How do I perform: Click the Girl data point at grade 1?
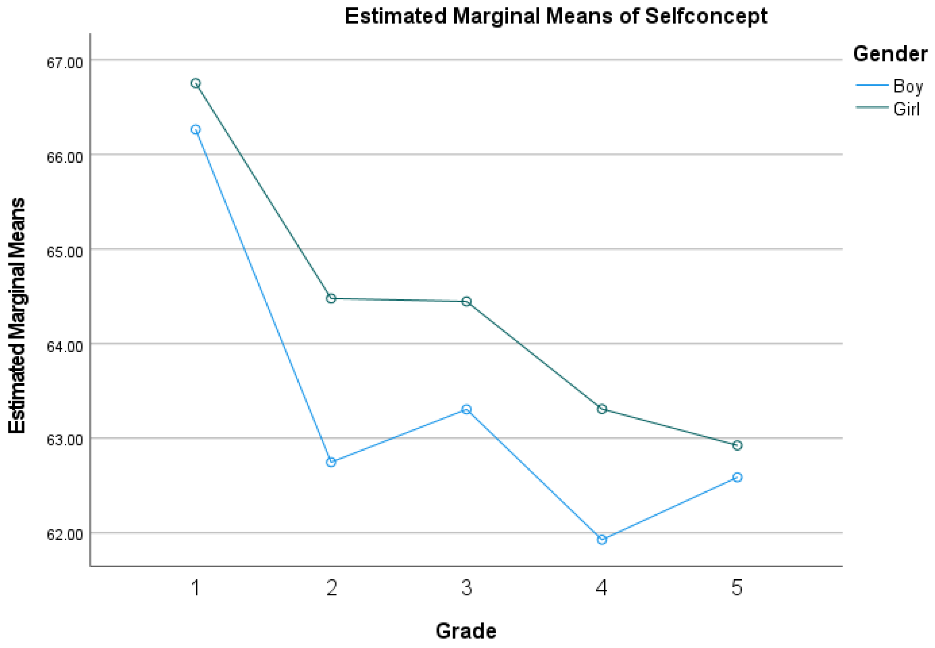(x=195, y=83)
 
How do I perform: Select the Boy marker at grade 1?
(x=195, y=130)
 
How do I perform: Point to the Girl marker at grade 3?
(x=467, y=301)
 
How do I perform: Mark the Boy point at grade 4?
(x=602, y=540)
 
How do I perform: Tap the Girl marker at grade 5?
(x=737, y=445)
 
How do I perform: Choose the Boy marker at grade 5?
(x=737, y=477)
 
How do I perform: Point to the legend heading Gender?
(x=890, y=54)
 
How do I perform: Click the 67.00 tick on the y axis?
(x=65, y=63)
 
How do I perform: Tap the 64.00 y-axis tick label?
(x=65, y=346)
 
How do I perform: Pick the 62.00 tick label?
(x=65, y=535)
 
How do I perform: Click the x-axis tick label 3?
(x=467, y=588)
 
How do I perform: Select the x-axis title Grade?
(x=466, y=631)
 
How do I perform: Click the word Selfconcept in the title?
(x=706, y=16)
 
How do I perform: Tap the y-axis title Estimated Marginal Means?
(x=17, y=316)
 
